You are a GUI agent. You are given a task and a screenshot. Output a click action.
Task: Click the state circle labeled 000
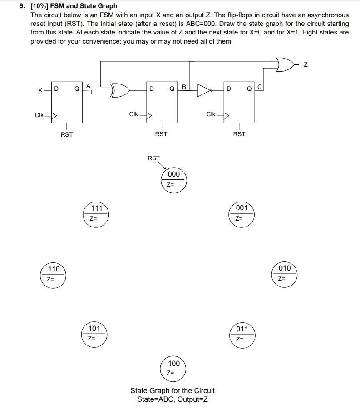[x=173, y=180]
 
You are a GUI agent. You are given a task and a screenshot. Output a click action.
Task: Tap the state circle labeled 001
[x=242, y=213]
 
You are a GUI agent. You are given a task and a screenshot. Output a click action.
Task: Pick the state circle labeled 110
[x=54, y=274]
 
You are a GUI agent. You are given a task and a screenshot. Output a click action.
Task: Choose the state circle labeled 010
[x=284, y=273]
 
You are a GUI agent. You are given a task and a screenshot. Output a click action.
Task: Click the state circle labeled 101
[x=94, y=333]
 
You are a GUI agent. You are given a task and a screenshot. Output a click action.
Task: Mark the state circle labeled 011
[x=242, y=334]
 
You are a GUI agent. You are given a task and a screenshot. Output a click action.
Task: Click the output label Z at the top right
[x=306, y=65]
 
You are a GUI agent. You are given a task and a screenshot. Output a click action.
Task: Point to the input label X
[x=41, y=90]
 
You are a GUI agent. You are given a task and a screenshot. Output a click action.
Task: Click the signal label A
[x=88, y=85]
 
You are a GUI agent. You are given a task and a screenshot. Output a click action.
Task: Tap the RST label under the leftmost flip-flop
[x=67, y=134]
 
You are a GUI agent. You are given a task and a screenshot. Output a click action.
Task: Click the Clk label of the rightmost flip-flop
[x=211, y=114]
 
